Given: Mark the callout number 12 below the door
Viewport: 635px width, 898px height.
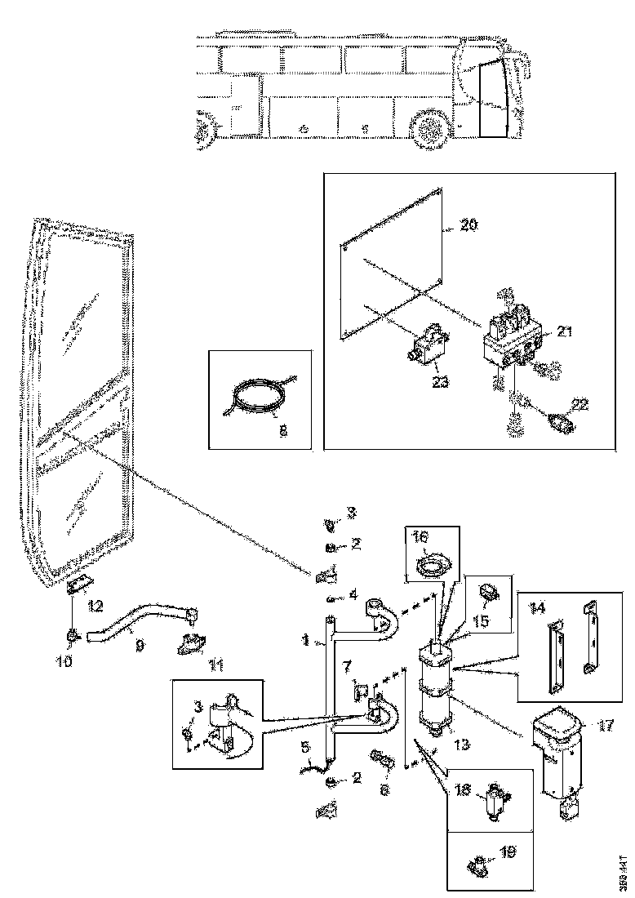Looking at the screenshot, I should (96, 605).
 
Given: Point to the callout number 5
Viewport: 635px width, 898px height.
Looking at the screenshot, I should (304, 745).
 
